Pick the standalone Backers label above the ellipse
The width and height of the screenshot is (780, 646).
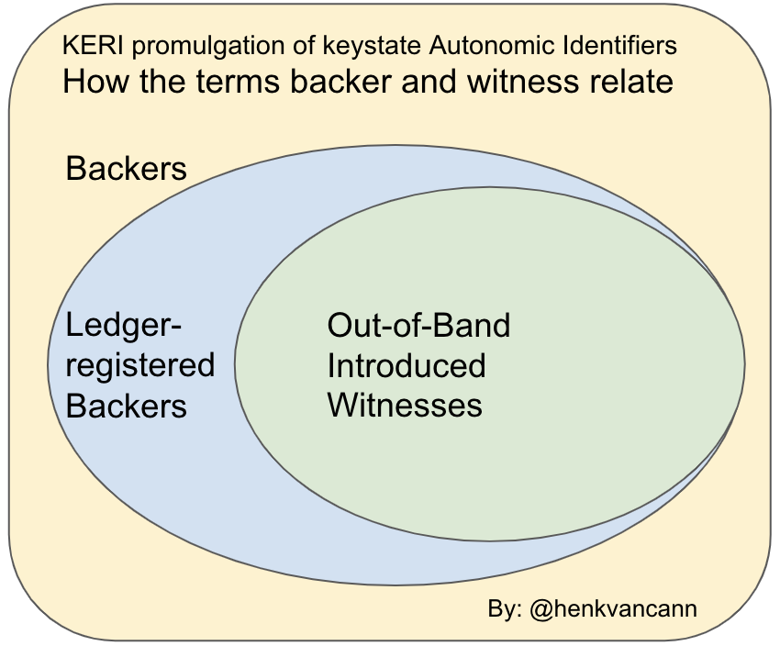[x=127, y=169]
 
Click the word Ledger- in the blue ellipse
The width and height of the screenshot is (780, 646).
[x=125, y=326]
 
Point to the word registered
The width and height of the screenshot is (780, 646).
[x=139, y=365]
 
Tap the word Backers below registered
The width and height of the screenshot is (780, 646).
[x=127, y=405]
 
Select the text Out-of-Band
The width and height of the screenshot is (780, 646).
[x=418, y=326]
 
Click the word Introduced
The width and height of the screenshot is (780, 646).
[x=407, y=365]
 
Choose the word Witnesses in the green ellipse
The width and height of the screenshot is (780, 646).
[x=405, y=405]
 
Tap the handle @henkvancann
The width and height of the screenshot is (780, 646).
[x=615, y=608]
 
